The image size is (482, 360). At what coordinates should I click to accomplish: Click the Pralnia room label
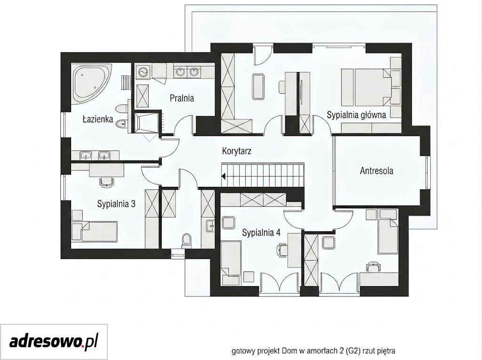pyautogui.click(x=182, y=98)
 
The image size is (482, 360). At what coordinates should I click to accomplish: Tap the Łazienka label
pyautogui.click(x=98, y=119)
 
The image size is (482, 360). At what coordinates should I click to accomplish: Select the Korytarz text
pyautogui.click(x=237, y=151)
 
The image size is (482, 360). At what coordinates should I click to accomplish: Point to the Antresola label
pyautogui.click(x=377, y=171)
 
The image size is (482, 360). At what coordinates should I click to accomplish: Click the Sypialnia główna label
pyautogui.click(x=356, y=115)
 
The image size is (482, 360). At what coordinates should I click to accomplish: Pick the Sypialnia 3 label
pyautogui.click(x=116, y=204)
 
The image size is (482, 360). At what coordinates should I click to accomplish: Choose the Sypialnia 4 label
pyautogui.click(x=261, y=232)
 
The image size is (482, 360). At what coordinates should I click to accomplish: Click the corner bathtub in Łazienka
pyautogui.click(x=92, y=83)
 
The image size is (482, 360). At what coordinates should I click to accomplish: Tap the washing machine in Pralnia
pyautogui.click(x=142, y=72)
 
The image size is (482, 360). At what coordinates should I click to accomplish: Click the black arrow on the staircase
pyautogui.click(x=224, y=176)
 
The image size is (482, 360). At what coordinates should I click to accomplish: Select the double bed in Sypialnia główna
pyautogui.click(x=373, y=87)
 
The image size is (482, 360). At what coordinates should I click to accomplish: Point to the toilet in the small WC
pyautogui.click(x=186, y=241)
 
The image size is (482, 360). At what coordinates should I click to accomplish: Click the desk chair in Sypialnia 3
pyautogui.click(x=107, y=182)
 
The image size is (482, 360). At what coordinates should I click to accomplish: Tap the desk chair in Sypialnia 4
pyautogui.click(x=282, y=249)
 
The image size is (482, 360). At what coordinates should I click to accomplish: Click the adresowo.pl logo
pyautogui.click(x=54, y=342)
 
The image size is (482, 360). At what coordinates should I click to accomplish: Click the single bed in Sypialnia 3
pyautogui.click(x=94, y=231)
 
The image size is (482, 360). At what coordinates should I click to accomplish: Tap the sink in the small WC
pyautogui.click(x=210, y=226)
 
